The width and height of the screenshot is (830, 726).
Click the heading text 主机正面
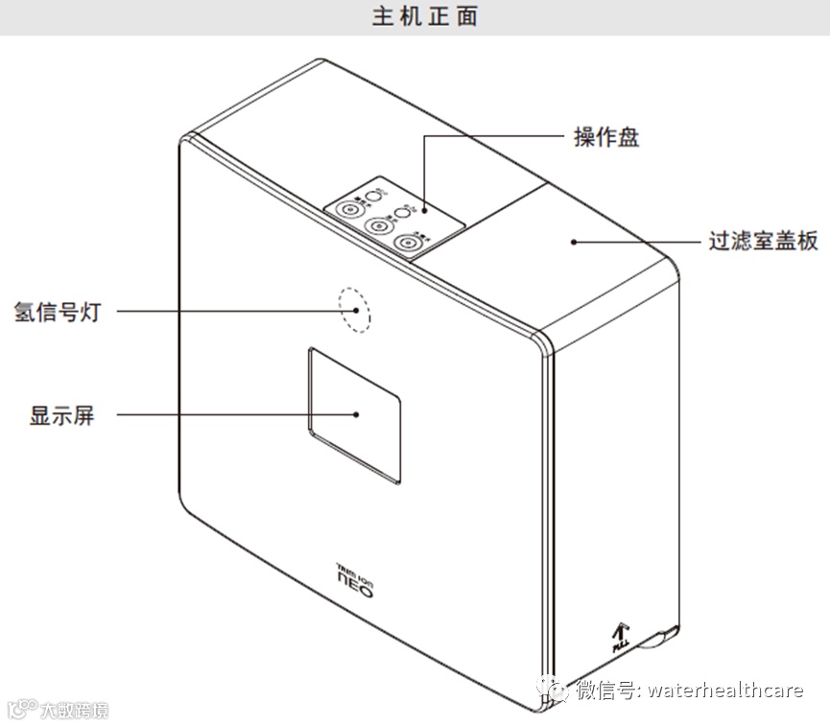point(424,17)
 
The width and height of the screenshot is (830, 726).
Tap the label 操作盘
point(605,137)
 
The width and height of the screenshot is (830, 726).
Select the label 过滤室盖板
point(763,241)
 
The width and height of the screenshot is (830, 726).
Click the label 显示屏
point(62,415)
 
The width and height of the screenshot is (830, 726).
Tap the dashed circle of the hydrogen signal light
point(354,309)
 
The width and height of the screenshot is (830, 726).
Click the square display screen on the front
point(354,414)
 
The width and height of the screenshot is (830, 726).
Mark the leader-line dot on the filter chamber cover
point(574,241)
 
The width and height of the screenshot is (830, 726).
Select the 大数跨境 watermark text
point(72,711)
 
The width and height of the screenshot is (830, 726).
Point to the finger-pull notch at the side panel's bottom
point(662,634)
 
